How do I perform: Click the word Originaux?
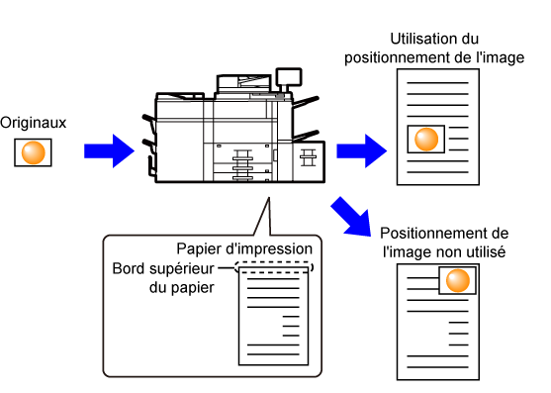coord(33,123)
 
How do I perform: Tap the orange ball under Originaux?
coord(34,152)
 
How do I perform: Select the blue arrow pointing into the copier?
coord(109,151)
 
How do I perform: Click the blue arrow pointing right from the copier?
coord(362,151)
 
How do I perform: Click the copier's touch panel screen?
coord(289,77)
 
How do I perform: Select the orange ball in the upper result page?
coord(426,140)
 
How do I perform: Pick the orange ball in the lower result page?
coord(458,281)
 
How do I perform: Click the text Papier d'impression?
coord(244,249)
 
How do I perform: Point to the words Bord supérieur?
coord(163,269)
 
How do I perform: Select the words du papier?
coord(182,288)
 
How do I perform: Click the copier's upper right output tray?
coord(306,102)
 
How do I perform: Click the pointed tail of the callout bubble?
coord(268,198)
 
